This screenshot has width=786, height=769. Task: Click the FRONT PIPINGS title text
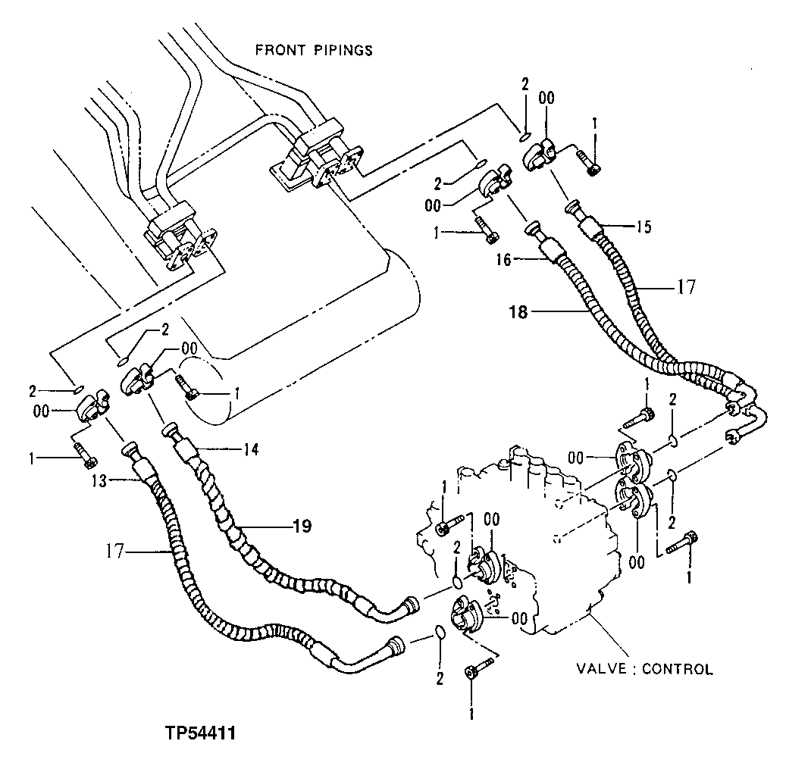tap(313, 51)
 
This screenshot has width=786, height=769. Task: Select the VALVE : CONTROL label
tap(644, 669)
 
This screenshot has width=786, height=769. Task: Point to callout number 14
tap(251, 449)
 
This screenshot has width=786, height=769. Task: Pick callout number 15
tap(643, 226)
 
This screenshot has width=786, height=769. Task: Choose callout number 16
tap(504, 260)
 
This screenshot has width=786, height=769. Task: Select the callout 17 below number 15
tap(686, 289)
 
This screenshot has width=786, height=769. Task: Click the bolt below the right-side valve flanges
tap(682, 542)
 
